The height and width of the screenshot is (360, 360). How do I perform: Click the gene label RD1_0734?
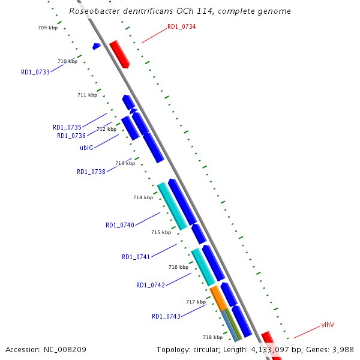(x=181, y=26)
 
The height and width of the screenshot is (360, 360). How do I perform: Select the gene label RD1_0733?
(x=35, y=72)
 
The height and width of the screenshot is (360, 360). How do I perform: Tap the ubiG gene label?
(x=86, y=148)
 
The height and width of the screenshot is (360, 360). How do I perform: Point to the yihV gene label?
(x=327, y=325)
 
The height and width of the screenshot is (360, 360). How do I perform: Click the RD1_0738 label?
(x=91, y=172)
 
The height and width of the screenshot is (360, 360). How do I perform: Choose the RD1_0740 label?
(x=120, y=225)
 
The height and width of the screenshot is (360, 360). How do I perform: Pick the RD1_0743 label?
(x=166, y=316)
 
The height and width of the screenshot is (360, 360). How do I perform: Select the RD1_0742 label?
(x=151, y=285)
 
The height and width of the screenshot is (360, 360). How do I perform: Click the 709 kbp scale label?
(x=47, y=28)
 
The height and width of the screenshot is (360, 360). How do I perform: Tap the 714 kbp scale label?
(x=143, y=197)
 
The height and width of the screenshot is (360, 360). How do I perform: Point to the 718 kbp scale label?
(x=212, y=337)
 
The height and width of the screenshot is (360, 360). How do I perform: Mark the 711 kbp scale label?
(x=87, y=95)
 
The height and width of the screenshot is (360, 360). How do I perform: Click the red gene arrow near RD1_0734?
(x=119, y=54)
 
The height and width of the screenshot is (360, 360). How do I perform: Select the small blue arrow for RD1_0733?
(x=96, y=46)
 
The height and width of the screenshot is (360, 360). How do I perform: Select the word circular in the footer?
(x=217, y=349)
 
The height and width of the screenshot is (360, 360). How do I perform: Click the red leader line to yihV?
(x=306, y=332)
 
